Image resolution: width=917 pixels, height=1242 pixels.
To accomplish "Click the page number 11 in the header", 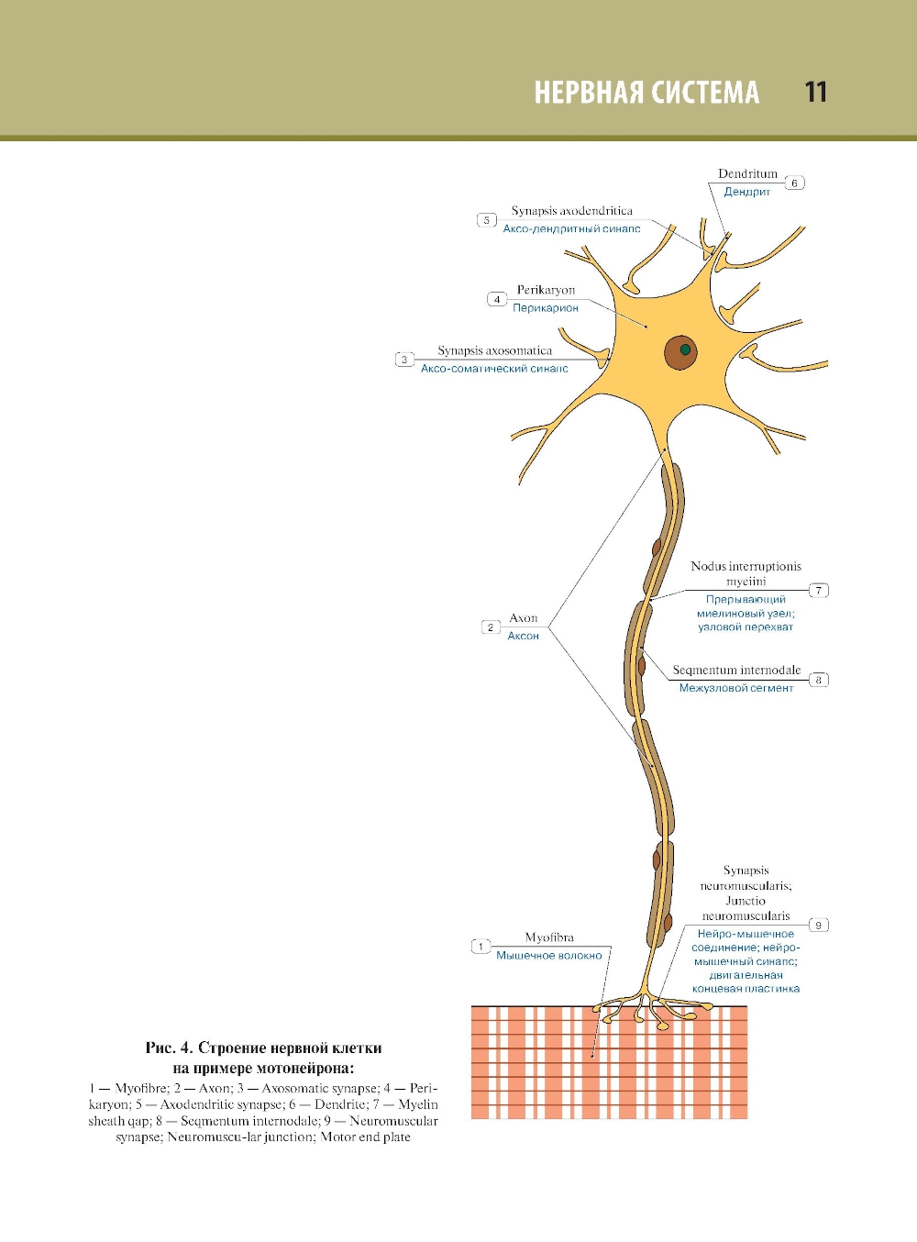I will click(x=815, y=93).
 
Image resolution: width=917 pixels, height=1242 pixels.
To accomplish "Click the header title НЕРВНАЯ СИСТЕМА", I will click(x=646, y=93).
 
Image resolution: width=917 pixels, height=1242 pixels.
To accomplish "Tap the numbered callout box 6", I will click(x=795, y=183).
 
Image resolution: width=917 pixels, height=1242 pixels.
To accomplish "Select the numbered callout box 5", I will click(x=487, y=220).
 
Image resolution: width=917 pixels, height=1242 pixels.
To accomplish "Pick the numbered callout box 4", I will click(x=497, y=299).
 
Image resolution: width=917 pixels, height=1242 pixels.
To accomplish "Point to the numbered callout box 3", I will click(x=404, y=360).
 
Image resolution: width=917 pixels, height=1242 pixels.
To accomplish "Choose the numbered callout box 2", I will click(x=491, y=627).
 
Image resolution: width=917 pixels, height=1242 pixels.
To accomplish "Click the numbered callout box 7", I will click(x=819, y=590).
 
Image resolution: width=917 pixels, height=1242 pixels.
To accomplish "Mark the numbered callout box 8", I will click(x=819, y=680).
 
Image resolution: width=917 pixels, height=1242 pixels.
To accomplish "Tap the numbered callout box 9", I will click(x=819, y=925).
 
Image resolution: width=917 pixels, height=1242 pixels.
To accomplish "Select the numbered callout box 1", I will click(x=481, y=947).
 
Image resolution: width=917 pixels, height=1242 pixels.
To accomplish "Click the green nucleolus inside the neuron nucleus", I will click(x=685, y=349).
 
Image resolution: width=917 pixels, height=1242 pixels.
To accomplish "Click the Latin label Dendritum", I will click(x=747, y=173).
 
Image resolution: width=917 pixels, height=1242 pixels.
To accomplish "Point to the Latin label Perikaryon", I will click(x=546, y=290).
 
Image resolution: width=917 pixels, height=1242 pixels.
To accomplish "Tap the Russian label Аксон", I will click(x=524, y=636).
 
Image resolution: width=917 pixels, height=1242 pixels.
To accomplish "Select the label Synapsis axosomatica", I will click(x=494, y=350).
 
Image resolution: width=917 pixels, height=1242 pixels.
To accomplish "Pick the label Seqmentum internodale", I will click(x=736, y=671).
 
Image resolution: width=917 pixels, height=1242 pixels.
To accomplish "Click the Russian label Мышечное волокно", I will click(x=549, y=956).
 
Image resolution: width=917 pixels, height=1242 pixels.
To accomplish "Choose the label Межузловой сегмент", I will click(x=735, y=688).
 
